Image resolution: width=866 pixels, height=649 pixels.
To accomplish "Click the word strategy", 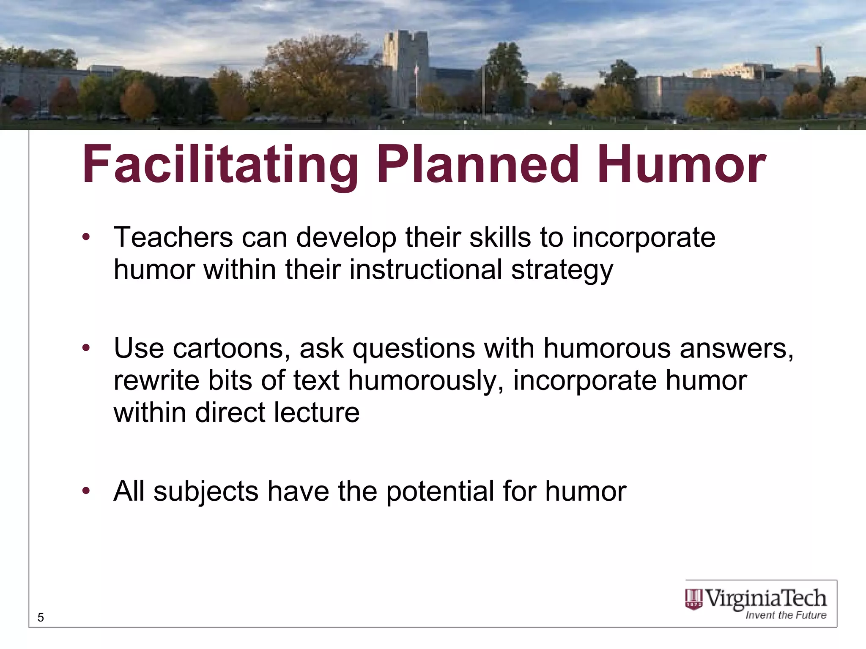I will pos(562,270).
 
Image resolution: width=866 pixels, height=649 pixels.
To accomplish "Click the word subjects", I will pos(206,491).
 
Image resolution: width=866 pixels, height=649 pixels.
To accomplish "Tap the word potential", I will pos(440,491).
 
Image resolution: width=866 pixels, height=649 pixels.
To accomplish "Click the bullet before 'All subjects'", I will pos(86,491).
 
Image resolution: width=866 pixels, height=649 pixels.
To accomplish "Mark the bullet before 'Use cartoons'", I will pos(86,348).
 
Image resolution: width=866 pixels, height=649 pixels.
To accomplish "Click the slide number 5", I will pos(41,618).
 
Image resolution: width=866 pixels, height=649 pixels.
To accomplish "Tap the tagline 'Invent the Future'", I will pos(786,615).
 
